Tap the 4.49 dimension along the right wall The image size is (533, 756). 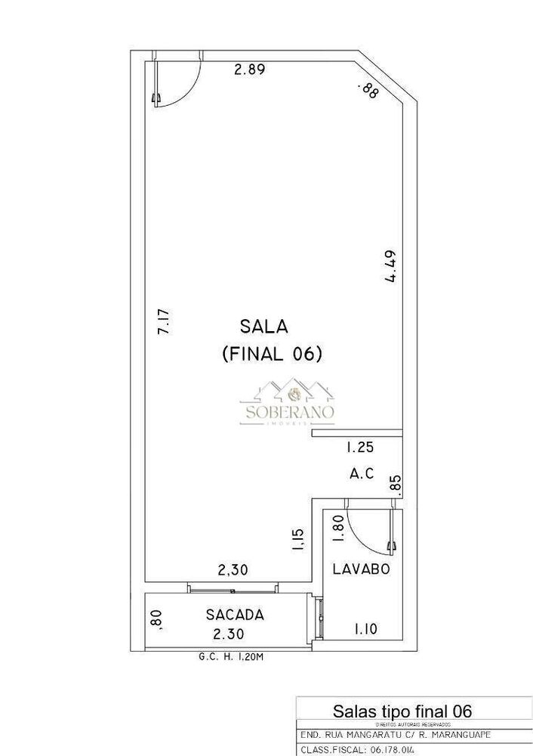coord(391,266)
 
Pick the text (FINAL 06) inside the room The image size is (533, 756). coord(273,353)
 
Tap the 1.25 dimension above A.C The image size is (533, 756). coord(360,448)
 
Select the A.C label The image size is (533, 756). coord(362,474)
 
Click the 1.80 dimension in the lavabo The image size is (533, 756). coord(338,528)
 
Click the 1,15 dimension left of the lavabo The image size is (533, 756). coord(297,541)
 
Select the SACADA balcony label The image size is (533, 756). coord(235,615)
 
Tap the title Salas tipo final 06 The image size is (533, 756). coord(403,710)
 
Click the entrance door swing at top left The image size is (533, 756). coord(178,80)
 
